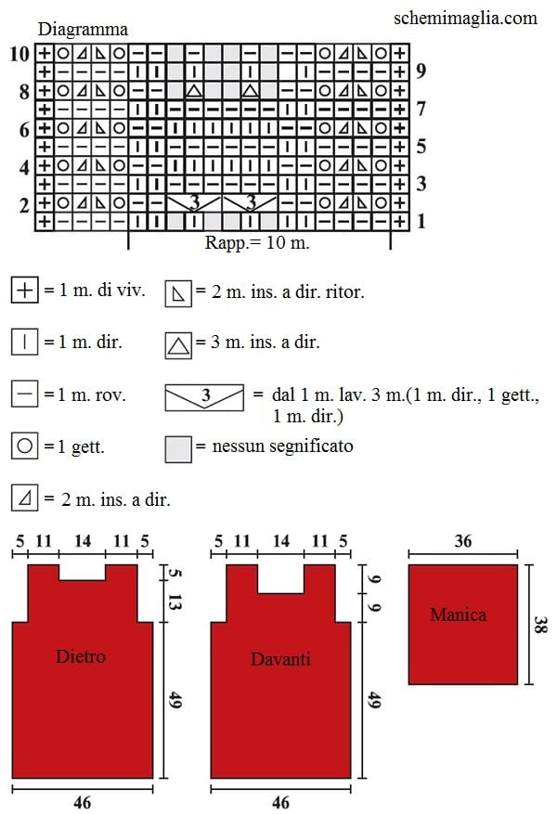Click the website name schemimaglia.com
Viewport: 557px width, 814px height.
(x=465, y=19)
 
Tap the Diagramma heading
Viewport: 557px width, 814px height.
(x=83, y=29)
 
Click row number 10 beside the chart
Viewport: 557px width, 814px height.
(x=19, y=54)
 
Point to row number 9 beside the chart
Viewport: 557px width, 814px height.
(x=421, y=71)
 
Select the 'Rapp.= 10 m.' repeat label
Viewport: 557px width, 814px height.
(x=257, y=242)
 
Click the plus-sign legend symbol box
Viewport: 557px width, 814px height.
(x=24, y=290)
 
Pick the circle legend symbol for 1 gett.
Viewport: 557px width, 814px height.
(x=24, y=446)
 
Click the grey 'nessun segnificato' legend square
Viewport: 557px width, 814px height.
(x=178, y=449)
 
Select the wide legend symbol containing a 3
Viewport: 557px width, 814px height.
(x=204, y=397)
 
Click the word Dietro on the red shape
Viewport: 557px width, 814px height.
(x=81, y=656)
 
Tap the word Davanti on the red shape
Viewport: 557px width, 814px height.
(x=280, y=659)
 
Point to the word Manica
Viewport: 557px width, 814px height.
(x=459, y=614)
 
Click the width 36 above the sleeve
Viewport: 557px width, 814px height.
(x=462, y=541)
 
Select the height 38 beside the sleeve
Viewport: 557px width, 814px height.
(x=540, y=624)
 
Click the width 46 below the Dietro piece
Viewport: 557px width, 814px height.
(x=82, y=802)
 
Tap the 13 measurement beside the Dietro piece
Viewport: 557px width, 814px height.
(x=175, y=602)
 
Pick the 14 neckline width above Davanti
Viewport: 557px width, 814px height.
(x=280, y=541)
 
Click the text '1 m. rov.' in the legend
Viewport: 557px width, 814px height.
(x=85, y=395)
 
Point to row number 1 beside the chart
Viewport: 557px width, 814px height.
(x=421, y=222)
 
